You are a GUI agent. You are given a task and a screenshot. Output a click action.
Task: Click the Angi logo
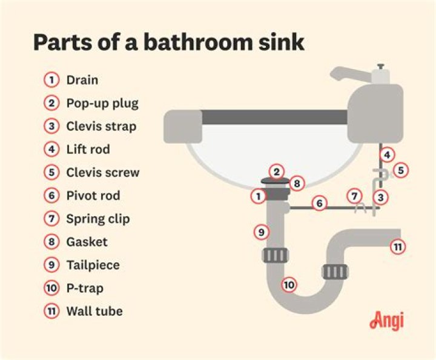click(x=386, y=320)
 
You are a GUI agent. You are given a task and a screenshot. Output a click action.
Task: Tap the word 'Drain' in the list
click(x=82, y=80)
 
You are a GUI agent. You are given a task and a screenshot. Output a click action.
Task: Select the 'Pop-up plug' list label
click(x=102, y=103)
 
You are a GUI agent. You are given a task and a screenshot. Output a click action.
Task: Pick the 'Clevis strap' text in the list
click(x=101, y=127)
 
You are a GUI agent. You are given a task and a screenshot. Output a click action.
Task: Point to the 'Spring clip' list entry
click(x=97, y=219)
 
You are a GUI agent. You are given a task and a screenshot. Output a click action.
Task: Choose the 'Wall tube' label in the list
click(x=94, y=311)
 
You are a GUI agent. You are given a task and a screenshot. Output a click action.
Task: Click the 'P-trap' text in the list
click(x=85, y=288)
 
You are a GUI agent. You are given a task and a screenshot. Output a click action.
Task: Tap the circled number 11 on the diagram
click(x=397, y=247)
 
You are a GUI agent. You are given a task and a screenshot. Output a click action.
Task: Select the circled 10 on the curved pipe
click(x=289, y=284)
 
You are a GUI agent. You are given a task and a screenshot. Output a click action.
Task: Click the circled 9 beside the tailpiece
click(x=261, y=231)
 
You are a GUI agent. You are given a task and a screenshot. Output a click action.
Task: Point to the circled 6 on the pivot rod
click(x=319, y=204)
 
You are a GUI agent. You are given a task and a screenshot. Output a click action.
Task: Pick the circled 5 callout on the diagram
click(x=400, y=170)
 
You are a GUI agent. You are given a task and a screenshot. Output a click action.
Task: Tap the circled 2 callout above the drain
click(x=277, y=172)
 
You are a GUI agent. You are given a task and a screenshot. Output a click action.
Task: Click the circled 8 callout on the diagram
click(x=296, y=182)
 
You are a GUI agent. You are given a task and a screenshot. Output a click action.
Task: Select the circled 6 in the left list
click(x=52, y=196)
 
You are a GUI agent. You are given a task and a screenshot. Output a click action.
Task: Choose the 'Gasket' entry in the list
click(x=87, y=242)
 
